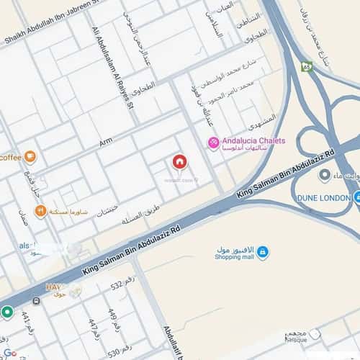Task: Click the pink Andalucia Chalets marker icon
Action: tap(213, 143)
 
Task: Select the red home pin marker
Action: tap(179, 162)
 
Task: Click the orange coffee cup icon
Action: tap(30, 156)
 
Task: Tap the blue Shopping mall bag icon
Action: tap(263, 251)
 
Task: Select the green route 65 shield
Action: tap(307, 66)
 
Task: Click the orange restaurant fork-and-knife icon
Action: tap(40, 212)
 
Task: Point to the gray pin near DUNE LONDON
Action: tap(324, 175)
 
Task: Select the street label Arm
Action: tap(106, 144)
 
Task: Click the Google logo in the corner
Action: tap(8, 354)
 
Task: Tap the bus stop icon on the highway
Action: tap(35, 300)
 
